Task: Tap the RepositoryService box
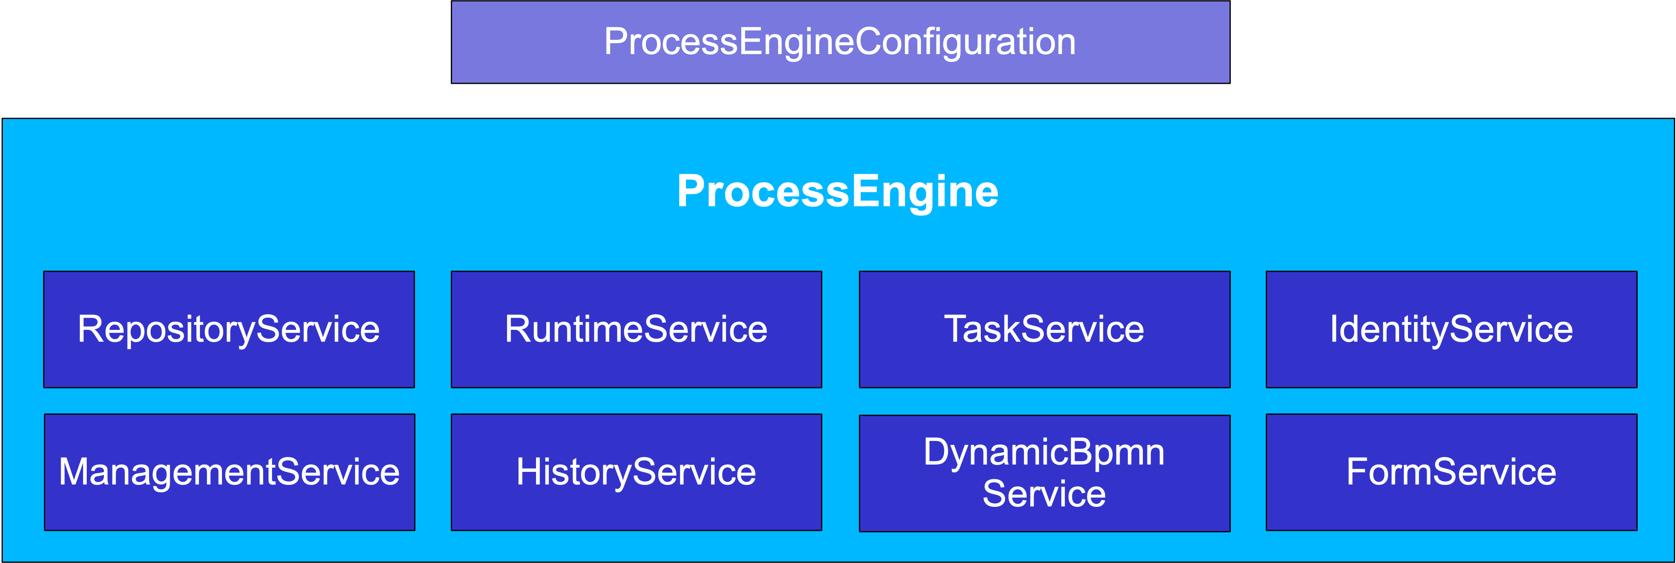point(228,330)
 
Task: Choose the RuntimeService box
point(636,330)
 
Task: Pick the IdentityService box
point(1451,330)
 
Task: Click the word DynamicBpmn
point(1043,452)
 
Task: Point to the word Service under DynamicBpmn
point(1043,494)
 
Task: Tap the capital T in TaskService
point(955,329)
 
